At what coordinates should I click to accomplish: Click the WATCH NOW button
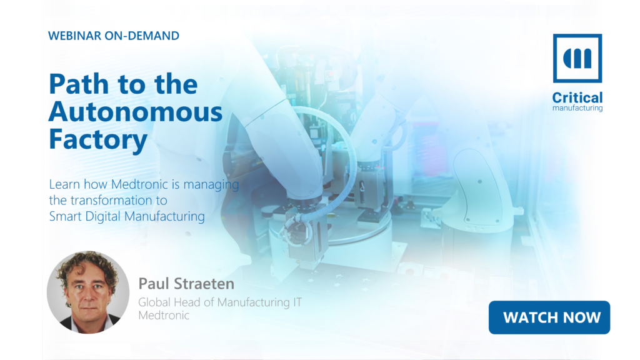coord(549,317)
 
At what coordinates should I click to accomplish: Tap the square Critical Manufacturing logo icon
coord(577,58)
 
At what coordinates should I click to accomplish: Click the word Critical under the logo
coord(577,97)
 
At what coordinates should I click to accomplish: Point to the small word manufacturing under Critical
coord(577,108)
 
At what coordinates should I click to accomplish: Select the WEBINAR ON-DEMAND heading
coord(114,36)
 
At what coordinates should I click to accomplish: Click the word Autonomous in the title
coord(136,112)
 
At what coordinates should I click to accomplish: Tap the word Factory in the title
coord(98,140)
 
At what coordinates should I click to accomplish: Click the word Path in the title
coord(79,84)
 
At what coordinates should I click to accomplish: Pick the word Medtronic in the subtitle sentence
coord(139,184)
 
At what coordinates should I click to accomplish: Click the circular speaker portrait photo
coord(88,292)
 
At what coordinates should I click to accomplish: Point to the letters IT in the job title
coord(297,302)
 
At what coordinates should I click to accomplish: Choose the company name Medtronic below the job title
coord(164,316)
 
